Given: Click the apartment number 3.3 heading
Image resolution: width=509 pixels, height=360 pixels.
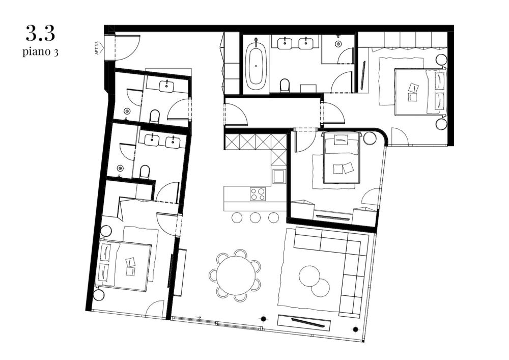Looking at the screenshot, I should pyautogui.click(x=40, y=35).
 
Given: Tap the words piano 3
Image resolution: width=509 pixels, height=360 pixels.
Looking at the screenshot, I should pyautogui.click(x=40, y=51).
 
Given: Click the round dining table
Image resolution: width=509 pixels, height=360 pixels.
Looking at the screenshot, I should pyautogui.click(x=235, y=274).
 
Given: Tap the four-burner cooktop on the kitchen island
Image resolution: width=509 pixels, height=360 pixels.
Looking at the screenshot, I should pyautogui.click(x=258, y=193).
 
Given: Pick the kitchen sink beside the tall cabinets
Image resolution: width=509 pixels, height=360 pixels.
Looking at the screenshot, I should pyautogui.click(x=279, y=177).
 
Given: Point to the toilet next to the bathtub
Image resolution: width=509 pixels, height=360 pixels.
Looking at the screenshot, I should pyautogui.click(x=286, y=85).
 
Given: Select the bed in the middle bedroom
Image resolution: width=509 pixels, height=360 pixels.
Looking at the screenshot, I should pyautogui.click(x=341, y=158).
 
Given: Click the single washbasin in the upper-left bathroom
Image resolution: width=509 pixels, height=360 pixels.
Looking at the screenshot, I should pyautogui.click(x=167, y=86).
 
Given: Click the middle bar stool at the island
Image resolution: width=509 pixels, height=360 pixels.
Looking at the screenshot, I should pyautogui.click(x=256, y=217).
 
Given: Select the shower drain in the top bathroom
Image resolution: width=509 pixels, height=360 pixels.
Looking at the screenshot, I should pyautogui.click(x=338, y=44).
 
